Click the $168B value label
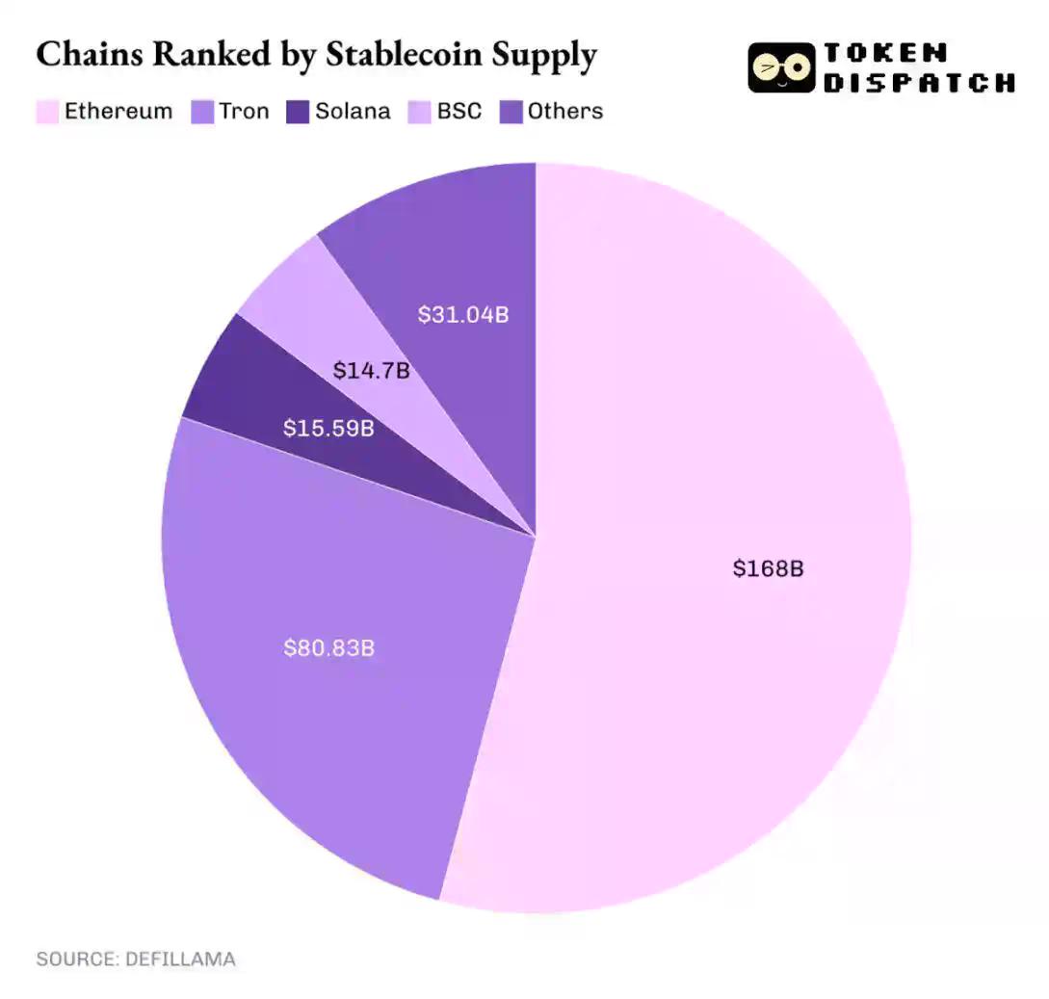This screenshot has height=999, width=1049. click(x=768, y=568)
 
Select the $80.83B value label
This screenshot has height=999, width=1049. click(x=328, y=648)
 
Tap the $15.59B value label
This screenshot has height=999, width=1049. click(x=328, y=428)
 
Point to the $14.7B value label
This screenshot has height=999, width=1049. click(x=371, y=370)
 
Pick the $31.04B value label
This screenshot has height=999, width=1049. click(x=462, y=314)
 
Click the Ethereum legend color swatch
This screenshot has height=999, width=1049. click(x=47, y=112)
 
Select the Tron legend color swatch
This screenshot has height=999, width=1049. click(x=201, y=112)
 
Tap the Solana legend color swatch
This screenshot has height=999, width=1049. click(x=298, y=112)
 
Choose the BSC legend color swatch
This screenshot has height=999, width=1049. click(x=420, y=112)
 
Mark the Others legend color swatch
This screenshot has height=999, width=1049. click(x=511, y=112)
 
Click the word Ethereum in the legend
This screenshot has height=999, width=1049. click(x=118, y=112)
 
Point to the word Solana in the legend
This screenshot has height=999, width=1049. click(x=353, y=112)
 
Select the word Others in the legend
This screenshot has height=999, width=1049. click(x=565, y=112)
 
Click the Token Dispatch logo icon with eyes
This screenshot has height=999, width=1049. click(x=780, y=67)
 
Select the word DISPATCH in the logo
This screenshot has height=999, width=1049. click(x=918, y=83)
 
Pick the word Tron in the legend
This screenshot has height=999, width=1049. click(x=244, y=112)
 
